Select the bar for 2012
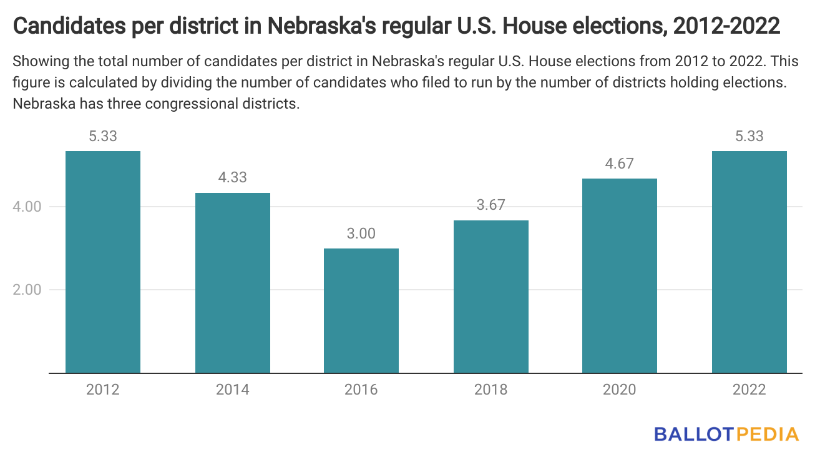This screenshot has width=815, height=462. [x=103, y=262]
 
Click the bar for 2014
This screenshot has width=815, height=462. [x=233, y=283]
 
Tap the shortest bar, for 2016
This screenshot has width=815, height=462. [x=361, y=311]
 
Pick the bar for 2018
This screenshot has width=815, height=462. [x=491, y=297]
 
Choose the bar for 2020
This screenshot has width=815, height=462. [x=620, y=276]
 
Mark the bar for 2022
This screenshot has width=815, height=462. [x=749, y=262]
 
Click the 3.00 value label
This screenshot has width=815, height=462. [x=361, y=233]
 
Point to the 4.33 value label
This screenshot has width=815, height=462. [x=233, y=177]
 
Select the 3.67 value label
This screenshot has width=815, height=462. [x=491, y=205]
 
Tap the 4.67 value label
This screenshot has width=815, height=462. [x=620, y=164]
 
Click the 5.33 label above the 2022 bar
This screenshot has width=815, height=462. [x=749, y=136]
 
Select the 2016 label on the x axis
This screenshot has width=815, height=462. [x=361, y=390]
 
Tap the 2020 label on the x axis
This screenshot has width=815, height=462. [x=620, y=390]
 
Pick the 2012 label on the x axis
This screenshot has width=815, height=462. [x=103, y=390]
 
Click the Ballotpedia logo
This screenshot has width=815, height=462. [x=726, y=434]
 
